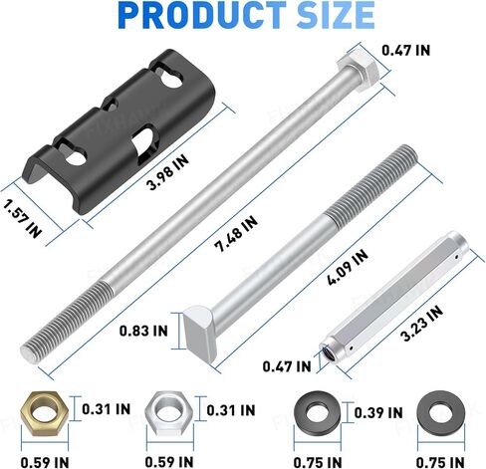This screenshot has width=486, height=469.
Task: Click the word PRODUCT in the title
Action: (201, 15)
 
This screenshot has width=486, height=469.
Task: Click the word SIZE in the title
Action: (336, 15)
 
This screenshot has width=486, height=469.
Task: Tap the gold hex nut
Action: (44, 413)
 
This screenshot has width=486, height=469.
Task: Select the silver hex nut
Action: (168, 413)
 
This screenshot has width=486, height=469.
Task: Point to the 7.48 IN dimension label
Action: (236, 233)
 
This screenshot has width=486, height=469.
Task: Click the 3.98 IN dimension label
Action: (168, 172)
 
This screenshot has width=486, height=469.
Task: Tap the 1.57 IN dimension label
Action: (22, 219)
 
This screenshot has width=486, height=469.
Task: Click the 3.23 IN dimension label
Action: (421, 324)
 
